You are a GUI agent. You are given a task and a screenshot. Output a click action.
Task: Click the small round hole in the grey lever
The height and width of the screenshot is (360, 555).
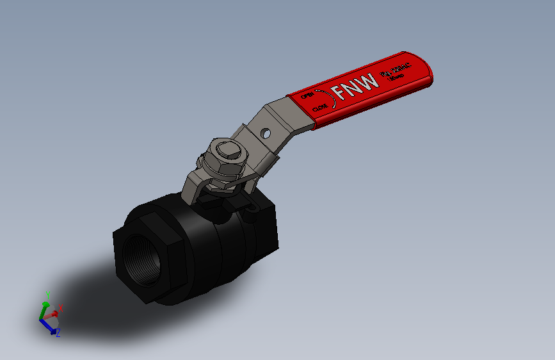pyautogui.click(x=265, y=134)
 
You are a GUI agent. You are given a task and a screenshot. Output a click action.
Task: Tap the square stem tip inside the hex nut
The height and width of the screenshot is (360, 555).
pyautogui.click(x=229, y=152)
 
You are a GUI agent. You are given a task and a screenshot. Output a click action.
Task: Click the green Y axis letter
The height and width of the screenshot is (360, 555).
pyautogui.click(x=47, y=295)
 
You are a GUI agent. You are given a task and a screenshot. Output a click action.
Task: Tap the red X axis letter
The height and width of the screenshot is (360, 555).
pyautogui.click(x=61, y=308)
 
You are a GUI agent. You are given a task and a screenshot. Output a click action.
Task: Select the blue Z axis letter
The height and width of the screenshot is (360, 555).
pyautogui.click(x=58, y=333)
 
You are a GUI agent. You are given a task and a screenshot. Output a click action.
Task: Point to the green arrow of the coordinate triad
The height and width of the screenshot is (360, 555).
pyautogui.click(x=44, y=309)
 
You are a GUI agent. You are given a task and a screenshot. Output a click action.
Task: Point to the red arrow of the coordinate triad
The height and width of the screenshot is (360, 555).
pyautogui.click(x=54, y=313)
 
